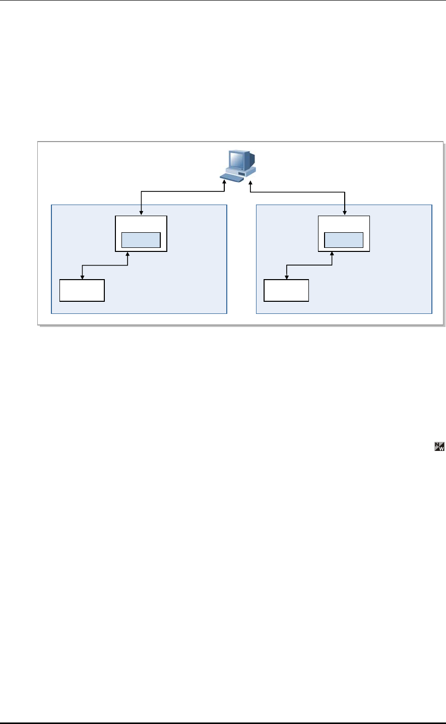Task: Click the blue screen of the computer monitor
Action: (x=235, y=159)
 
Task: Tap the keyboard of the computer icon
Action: (x=230, y=177)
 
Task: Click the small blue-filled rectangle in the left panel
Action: (x=141, y=240)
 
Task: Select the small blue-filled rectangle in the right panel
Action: (x=344, y=240)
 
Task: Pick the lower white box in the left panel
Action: (x=82, y=290)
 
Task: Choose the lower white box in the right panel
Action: (x=287, y=290)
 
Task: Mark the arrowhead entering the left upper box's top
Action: (x=141, y=213)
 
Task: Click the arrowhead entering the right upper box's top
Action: (x=345, y=213)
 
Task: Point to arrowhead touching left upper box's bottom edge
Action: (x=128, y=254)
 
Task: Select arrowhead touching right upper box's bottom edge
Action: (x=332, y=254)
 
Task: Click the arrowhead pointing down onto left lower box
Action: (x=82, y=276)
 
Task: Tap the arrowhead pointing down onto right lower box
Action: (x=287, y=276)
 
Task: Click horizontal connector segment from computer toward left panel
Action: (x=181, y=191)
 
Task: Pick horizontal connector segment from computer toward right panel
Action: (x=297, y=191)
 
